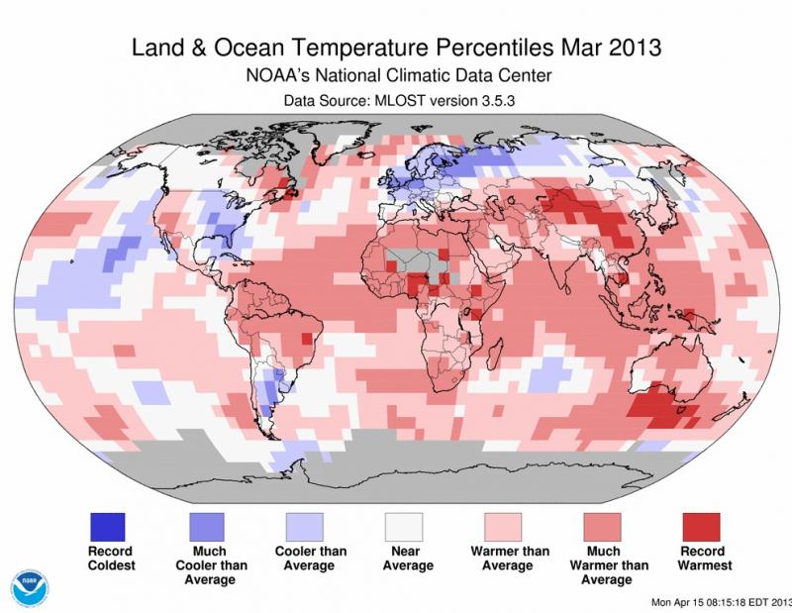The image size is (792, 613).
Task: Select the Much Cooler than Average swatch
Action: coord(208,524)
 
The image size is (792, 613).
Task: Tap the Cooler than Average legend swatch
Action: coord(306,524)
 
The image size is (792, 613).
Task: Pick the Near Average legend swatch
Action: coord(405,524)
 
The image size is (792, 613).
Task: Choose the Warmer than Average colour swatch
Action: coord(503,524)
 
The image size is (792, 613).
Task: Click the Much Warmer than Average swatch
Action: coord(602,524)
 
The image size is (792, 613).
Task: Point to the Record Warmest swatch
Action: coord(701,524)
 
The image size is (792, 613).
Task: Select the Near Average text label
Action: coord(405,559)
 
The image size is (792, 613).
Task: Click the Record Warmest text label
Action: coord(701,559)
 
